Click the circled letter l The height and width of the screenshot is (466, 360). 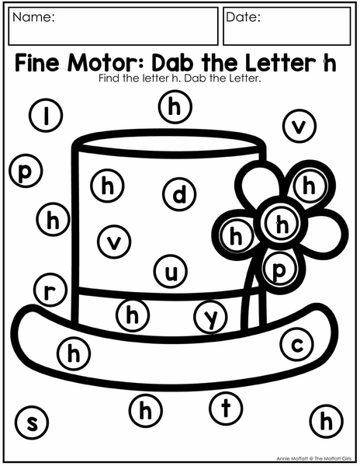click(x=46, y=115)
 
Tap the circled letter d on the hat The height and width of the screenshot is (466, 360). click(x=179, y=194)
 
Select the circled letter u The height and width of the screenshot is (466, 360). click(x=171, y=271)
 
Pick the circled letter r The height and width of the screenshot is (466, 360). click(x=50, y=290)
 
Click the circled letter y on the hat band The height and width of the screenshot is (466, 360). click(x=211, y=317)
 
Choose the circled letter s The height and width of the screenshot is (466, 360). click(x=32, y=423)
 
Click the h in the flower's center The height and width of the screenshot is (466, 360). click(x=282, y=224)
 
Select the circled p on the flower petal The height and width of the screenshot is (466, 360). click(x=280, y=270)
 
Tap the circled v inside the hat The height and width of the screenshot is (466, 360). click(x=114, y=242)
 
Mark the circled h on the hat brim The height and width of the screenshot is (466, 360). click(x=74, y=353)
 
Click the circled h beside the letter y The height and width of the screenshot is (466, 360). click(x=133, y=315)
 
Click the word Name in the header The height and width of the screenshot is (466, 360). click(x=33, y=17)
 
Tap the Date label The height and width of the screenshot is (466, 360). click(x=243, y=17)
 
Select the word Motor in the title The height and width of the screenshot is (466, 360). click(x=106, y=62)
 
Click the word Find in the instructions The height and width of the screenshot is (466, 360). click(x=109, y=78)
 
